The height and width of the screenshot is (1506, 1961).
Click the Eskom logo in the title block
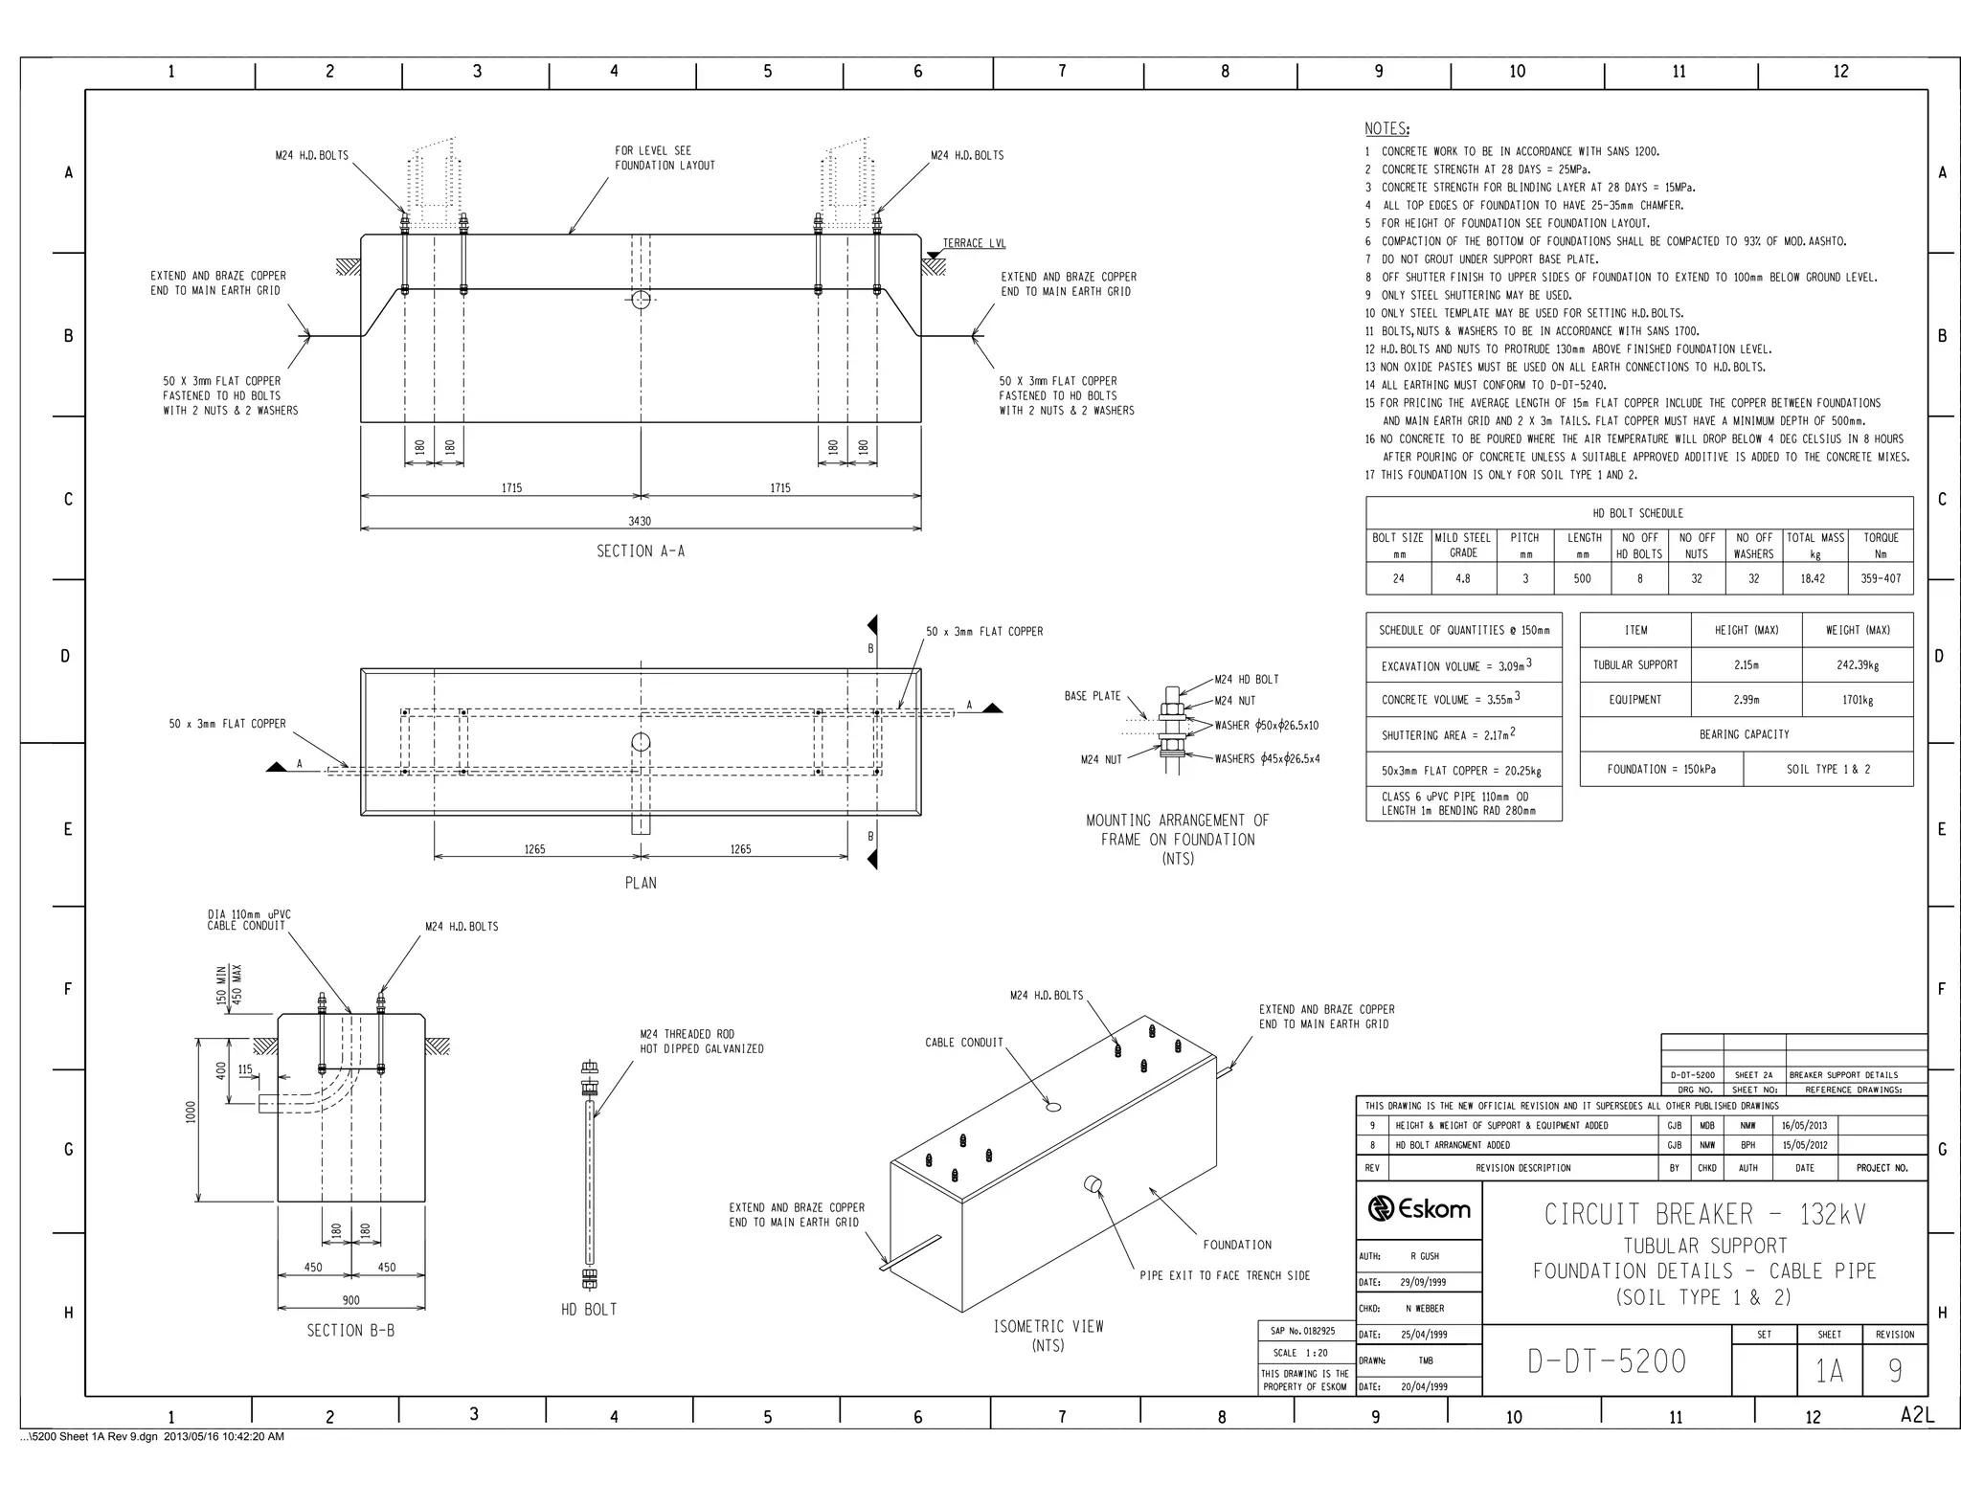coord(1419,1209)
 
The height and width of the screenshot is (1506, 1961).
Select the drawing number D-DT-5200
coord(1607,1360)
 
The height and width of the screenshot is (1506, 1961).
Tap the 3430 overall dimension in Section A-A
coord(639,522)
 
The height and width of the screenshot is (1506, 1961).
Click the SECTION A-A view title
coord(641,551)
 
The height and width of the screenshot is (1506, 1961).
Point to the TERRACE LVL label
coord(974,243)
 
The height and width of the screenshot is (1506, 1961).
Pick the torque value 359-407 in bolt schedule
coord(1881,578)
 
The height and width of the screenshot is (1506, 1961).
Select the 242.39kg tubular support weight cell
coord(1857,664)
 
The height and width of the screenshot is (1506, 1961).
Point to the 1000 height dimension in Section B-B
coord(192,1112)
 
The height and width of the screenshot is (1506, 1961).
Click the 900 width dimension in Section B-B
coord(350,1300)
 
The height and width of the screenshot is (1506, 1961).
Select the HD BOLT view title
coord(589,1310)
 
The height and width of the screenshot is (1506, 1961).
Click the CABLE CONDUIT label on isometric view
coord(963,1043)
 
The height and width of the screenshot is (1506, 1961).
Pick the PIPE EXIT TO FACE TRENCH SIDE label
coord(1224,1275)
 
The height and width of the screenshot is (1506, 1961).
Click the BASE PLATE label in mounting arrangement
coord(1092,696)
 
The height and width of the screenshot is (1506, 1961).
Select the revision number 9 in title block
coord(1894,1371)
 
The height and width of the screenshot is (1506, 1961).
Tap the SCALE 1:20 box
coord(1300,1353)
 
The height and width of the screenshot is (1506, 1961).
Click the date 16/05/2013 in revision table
coord(1804,1126)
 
